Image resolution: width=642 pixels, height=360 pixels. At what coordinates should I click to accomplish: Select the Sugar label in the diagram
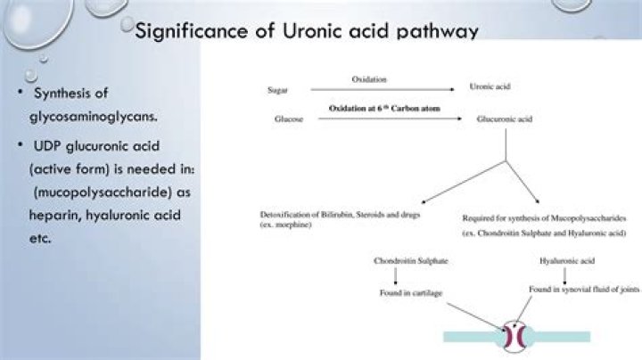tap(277, 90)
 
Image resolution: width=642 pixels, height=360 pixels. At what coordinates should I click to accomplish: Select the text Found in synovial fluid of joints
tap(583, 290)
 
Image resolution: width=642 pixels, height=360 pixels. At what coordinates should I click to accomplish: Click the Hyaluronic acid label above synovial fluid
tap(568, 261)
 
